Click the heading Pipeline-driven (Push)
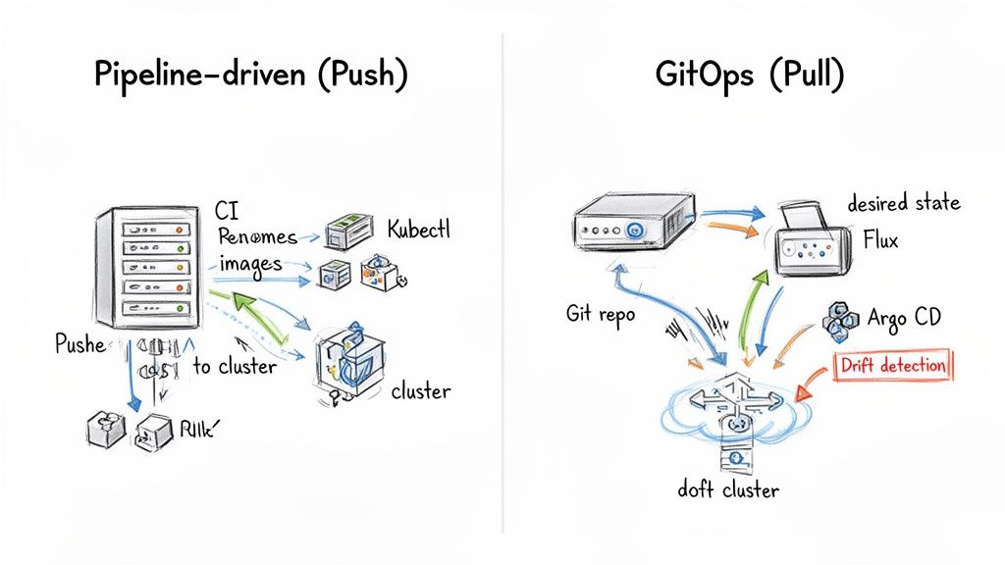[x=250, y=76]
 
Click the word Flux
[x=880, y=239]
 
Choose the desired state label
[x=903, y=203]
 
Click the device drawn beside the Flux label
[x=812, y=238]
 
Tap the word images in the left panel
[x=250, y=263]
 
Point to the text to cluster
[x=235, y=366]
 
